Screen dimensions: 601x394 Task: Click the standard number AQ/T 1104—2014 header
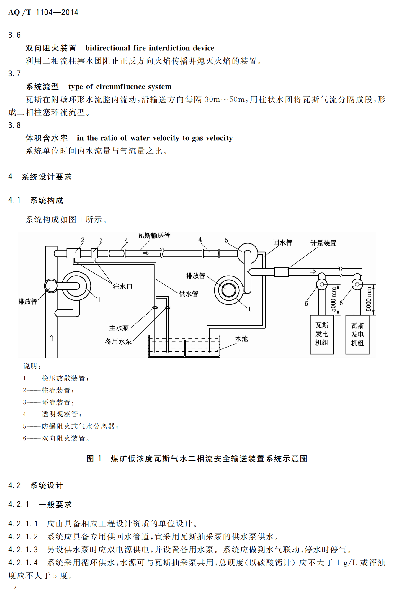point(43,12)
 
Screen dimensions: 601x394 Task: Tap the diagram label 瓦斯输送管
point(154,236)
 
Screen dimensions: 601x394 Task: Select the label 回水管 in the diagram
point(282,243)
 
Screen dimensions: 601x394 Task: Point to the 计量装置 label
point(323,243)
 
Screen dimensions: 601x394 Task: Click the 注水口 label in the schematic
point(122,286)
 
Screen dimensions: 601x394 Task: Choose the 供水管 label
point(189,294)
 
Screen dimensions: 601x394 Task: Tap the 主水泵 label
point(119,328)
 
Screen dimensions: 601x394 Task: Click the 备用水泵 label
point(118,342)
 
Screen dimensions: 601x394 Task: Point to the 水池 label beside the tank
point(241,339)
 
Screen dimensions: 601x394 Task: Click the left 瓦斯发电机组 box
point(322,334)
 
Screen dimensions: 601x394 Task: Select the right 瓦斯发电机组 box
point(357,335)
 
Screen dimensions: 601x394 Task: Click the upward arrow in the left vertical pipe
point(51,338)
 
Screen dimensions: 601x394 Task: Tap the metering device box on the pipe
point(282,272)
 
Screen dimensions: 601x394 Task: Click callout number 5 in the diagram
point(226,240)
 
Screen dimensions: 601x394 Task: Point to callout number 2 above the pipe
point(83,240)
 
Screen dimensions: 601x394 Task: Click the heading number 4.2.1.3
point(23,550)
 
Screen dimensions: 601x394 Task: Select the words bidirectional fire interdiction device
point(150,48)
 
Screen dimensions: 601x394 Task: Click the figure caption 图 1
point(94,459)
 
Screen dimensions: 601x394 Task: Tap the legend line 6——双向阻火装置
point(56,438)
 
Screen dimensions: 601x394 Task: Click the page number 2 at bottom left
point(15,588)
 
